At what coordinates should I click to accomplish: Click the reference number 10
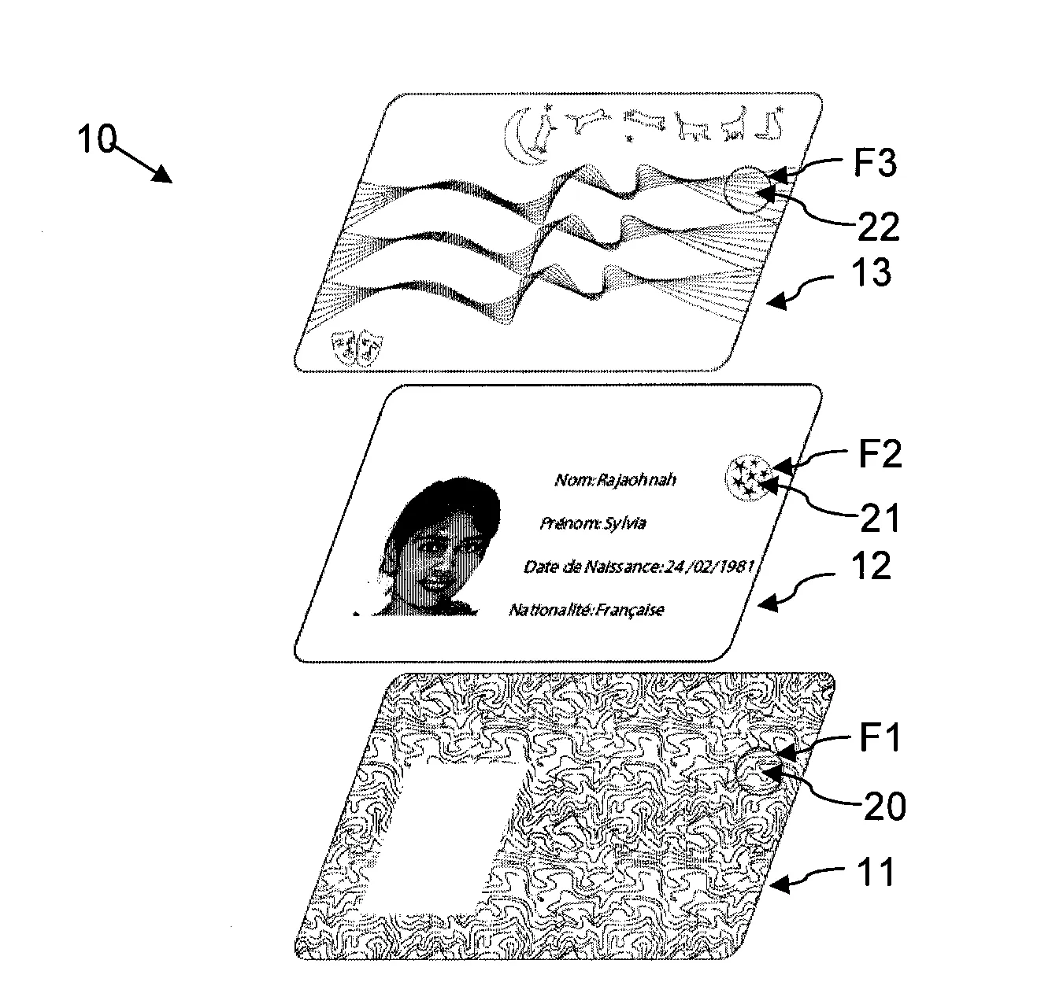pyautogui.click(x=96, y=138)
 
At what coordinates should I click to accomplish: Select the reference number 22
pyautogui.click(x=879, y=227)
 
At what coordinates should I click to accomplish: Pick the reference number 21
pyautogui.click(x=880, y=518)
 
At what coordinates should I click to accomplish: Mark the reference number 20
pyautogui.click(x=885, y=807)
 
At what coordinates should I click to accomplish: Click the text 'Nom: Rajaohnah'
pyautogui.click(x=615, y=480)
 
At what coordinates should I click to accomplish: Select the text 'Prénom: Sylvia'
pyautogui.click(x=592, y=523)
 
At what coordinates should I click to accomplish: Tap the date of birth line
pyautogui.click(x=639, y=567)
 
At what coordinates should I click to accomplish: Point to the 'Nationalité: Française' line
pyautogui.click(x=586, y=611)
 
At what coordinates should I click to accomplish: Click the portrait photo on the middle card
pyautogui.click(x=427, y=547)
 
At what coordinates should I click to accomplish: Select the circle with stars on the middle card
pyautogui.click(x=747, y=478)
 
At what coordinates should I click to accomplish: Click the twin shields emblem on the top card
pyautogui.click(x=357, y=346)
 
